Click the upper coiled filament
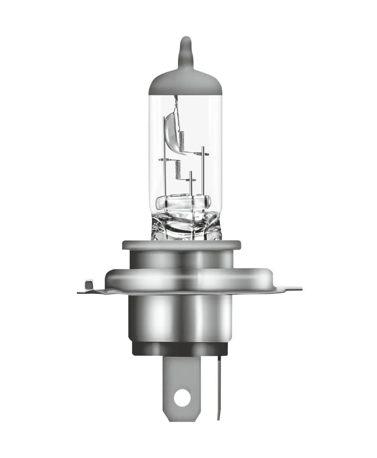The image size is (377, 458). point(181,141)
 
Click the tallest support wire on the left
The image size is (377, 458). point(163,159)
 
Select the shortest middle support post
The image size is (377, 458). point(190,184)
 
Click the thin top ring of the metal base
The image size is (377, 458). point(181,245)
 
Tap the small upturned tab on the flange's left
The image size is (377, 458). point(88,285)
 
